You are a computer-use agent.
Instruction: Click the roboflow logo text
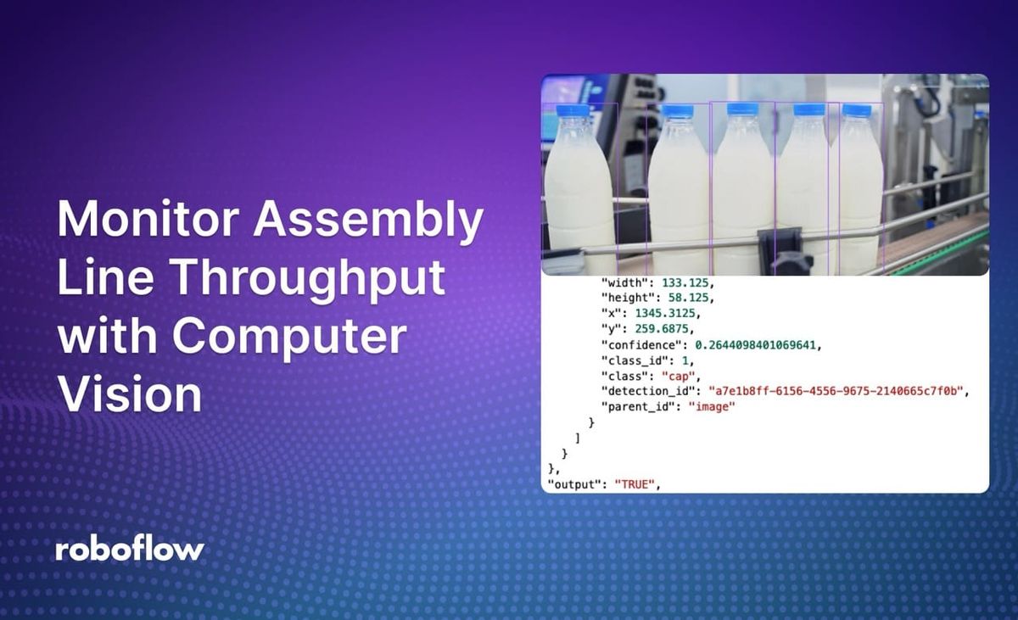(x=130, y=549)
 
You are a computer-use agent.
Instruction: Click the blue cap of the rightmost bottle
(x=856, y=110)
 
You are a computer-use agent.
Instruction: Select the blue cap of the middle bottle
(x=742, y=109)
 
